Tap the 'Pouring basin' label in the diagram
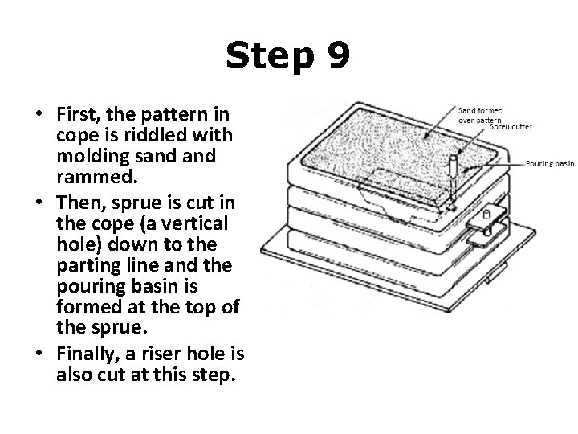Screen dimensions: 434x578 (x=550, y=163)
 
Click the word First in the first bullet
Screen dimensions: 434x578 (x=75, y=111)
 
